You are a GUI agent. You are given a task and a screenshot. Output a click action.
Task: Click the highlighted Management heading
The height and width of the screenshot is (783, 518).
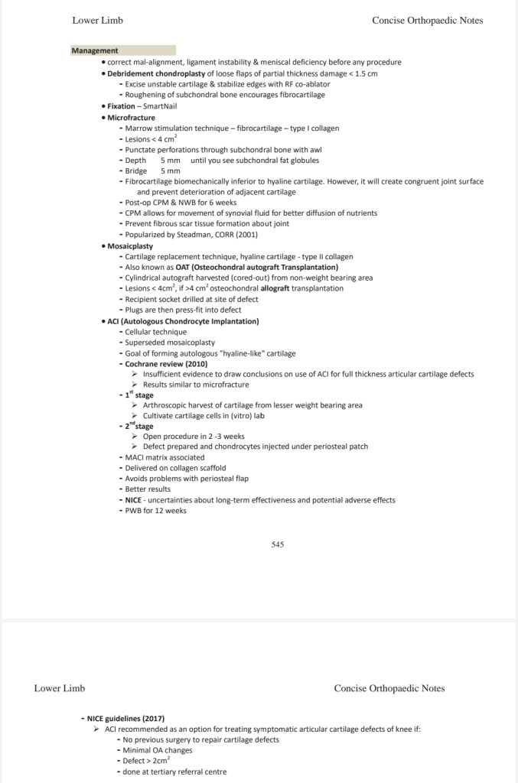click(95, 51)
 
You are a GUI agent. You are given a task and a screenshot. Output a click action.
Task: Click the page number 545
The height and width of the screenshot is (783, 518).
click(278, 544)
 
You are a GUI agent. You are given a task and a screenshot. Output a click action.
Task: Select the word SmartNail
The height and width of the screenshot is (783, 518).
click(160, 106)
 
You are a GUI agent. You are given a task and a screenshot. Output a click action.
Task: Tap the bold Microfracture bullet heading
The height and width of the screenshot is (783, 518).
click(131, 118)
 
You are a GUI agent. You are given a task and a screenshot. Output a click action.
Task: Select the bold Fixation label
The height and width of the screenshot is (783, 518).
click(121, 106)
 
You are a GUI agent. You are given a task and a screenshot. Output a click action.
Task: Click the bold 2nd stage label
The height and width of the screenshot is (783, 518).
click(139, 426)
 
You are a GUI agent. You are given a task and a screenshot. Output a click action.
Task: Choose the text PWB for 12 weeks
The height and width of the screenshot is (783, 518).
click(155, 510)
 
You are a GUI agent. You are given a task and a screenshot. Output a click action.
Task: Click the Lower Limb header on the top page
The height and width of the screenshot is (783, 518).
click(97, 21)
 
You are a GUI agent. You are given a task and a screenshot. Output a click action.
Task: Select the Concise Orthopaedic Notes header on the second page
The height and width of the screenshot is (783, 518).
click(389, 688)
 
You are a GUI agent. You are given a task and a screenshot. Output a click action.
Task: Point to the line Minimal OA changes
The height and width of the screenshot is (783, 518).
click(157, 750)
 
